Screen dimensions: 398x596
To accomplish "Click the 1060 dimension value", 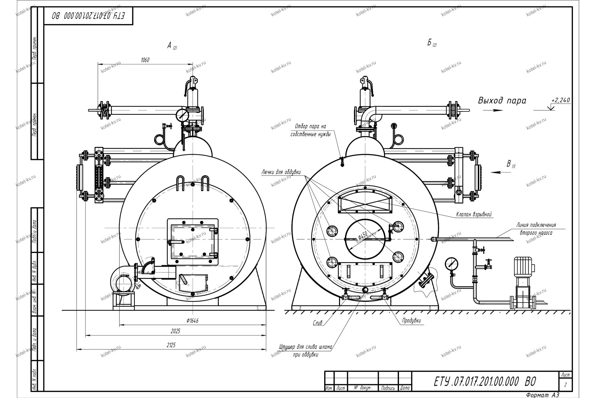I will pos(145,60).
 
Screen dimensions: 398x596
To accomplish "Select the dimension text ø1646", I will pos(192,320).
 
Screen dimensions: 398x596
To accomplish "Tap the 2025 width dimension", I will pos(176,331).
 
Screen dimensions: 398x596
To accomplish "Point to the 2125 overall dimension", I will pos(171,345).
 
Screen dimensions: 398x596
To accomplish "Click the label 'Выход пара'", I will pos(502,100).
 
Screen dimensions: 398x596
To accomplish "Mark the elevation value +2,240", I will pos(561,100).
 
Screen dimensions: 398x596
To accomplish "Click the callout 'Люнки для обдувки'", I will pos(281,172).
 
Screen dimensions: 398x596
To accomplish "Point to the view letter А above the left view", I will pos(169,46).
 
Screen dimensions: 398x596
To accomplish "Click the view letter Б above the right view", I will pos(429,43).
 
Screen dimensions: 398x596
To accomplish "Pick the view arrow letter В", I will pos(509,164).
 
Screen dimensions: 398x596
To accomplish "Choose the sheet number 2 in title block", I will pos(565,385).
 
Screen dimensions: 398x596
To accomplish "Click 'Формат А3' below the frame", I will pos(542,394).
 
